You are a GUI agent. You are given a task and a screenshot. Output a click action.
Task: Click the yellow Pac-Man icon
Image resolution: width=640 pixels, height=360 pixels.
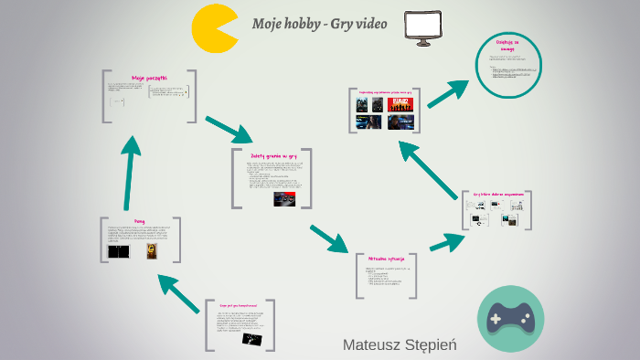[214, 28]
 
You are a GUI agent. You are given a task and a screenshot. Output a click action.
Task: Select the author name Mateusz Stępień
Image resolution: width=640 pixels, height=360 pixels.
[400, 344]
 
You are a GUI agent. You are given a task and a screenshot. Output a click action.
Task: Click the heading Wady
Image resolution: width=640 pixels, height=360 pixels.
[139, 222]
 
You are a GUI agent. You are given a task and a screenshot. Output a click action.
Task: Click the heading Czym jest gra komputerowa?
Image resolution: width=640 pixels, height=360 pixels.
[241, 304]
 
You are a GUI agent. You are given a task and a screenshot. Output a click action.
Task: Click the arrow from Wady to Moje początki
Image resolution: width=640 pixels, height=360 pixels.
[131, 174]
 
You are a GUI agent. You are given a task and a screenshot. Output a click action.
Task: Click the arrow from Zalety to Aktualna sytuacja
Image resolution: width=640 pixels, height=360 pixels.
[330, 238]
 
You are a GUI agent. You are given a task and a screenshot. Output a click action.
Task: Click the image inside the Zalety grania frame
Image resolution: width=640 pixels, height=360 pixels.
[285, 198]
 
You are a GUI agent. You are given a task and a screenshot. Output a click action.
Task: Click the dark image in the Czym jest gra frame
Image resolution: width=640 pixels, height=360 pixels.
[253, 338]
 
